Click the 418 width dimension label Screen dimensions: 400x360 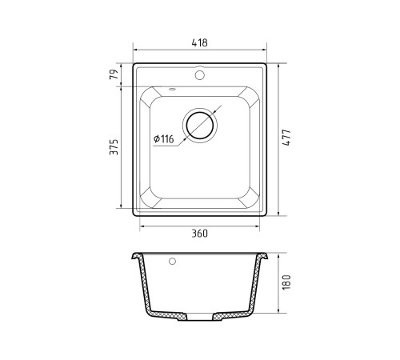pos(199,42)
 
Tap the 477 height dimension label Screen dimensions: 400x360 pos(286,138)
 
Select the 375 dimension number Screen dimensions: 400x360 pos(114,147)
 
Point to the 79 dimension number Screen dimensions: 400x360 pos(114,74)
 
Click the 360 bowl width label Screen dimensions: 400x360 pos(199,234)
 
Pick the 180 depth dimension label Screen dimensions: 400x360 pos(286,282)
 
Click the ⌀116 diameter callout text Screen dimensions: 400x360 pos(163,138)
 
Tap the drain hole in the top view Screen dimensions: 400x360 pos(200,126)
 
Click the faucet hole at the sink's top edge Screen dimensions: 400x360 pos(199,75)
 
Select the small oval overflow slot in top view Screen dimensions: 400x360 pos(173,90)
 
